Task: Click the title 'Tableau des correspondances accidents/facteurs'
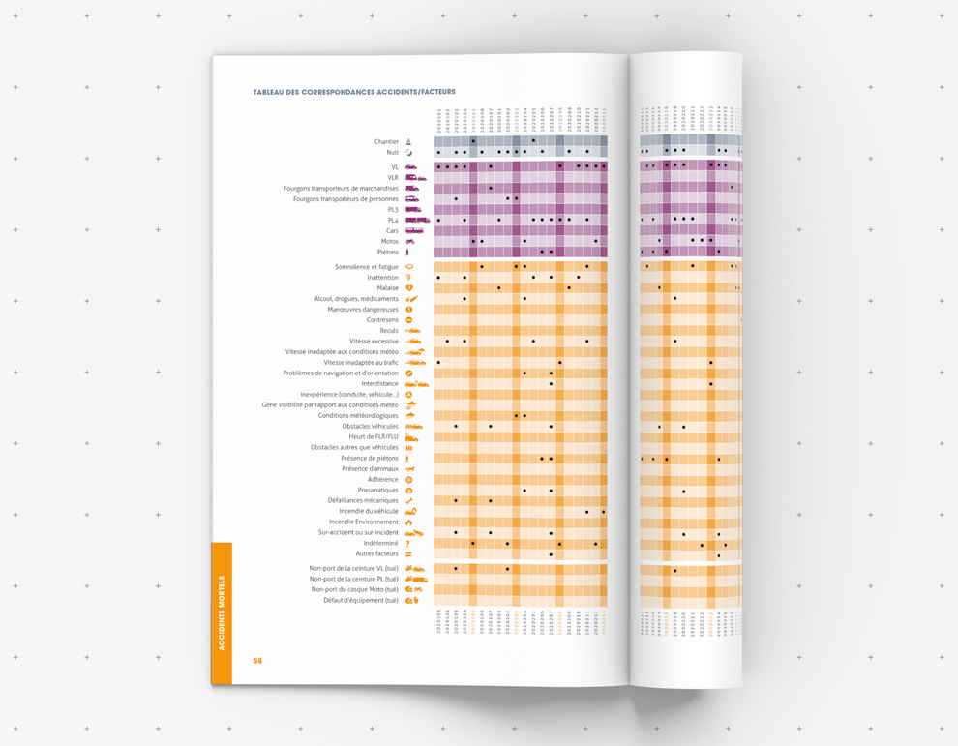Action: point(354,92)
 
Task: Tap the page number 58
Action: point(257,661)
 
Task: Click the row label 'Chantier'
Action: point(386,142)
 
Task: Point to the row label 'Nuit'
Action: point(392,153)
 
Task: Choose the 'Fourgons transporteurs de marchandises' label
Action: point(341,189)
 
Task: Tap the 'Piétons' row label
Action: point(387,253)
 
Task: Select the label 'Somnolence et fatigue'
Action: point(367,267)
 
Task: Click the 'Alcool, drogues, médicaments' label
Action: point(356,299)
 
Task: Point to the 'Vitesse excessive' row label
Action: point(374,342)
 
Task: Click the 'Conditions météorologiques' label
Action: point(358,416)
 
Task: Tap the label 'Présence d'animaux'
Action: point(370,469)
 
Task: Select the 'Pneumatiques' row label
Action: point(377,491)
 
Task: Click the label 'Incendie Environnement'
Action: point(364,522)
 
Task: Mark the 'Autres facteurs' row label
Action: point(377,554)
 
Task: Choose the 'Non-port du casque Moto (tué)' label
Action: point(354,589)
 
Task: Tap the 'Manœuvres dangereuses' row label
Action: point(363,310)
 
